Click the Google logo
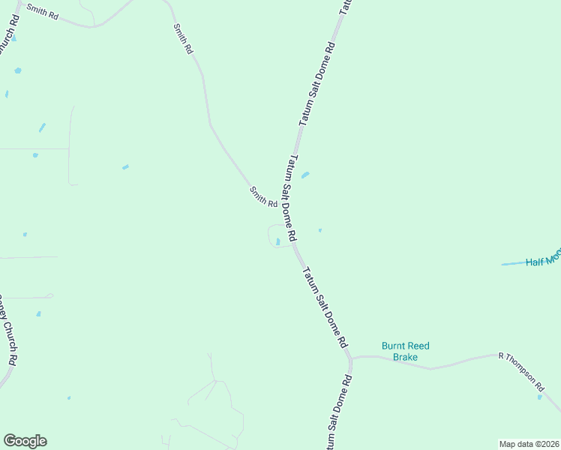click(x=25, y=441)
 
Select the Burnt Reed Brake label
click(x=406, y=351)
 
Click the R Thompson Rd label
click(x=521, y=370)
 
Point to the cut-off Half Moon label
click(x=543, y=260)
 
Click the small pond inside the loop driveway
click(x=278, y=241)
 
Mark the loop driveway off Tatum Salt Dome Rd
click(x=271, y=235)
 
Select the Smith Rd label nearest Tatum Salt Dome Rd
click(x=263, y=198)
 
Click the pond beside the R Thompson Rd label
click(x=539, y=397)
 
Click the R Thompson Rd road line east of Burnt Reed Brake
click(x=465, y=361)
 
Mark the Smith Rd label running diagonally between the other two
click(x=184, y=38)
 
